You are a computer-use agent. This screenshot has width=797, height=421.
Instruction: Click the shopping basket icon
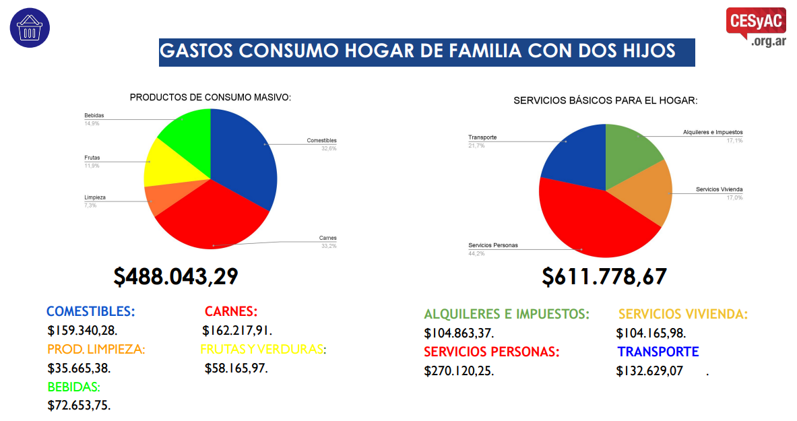click(x=30, y=28)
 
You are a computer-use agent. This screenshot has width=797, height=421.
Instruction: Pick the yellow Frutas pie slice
click(x=168, y=165)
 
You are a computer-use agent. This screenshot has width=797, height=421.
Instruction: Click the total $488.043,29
click(x=176, y=276)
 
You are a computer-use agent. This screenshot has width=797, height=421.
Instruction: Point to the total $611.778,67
click(x=604, y=276)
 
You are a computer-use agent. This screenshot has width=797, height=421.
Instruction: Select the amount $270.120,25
click(x=459, y=370)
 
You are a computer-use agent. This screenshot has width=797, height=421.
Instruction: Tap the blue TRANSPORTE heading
click(x=658, y=352)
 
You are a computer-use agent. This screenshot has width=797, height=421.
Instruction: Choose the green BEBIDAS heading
click(x=73, y=387)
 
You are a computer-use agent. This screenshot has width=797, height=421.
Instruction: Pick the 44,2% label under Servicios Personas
click(x=476, y=254)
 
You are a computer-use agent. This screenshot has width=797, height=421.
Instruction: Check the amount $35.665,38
click(x=79, y=368)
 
